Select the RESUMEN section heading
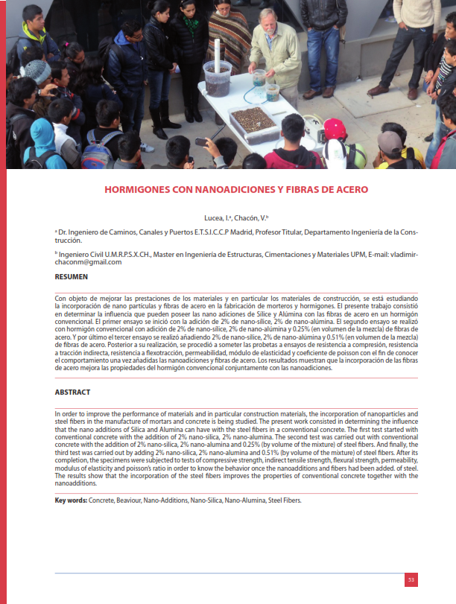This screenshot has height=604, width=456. click(72, 276)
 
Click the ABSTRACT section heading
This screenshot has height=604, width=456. click(73, 392)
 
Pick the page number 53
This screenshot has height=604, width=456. click(411, 579)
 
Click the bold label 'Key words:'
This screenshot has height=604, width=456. click(72, 500)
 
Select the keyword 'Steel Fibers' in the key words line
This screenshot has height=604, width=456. click(285, 500)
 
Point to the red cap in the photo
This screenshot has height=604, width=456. click(335, 127)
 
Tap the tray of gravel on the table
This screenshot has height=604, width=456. click(253, 120)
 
